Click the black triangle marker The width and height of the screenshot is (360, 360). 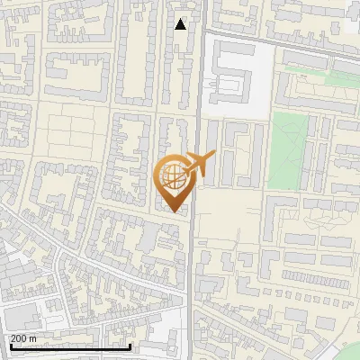[181, 24]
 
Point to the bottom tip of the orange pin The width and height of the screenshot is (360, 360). [173, 212]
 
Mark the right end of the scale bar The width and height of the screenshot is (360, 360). [130, 346]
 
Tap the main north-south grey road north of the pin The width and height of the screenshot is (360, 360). [200, 81]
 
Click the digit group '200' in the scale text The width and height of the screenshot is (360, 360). [17, 338]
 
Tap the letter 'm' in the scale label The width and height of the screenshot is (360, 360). [32, 338]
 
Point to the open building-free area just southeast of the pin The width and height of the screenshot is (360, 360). [229, 216]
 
